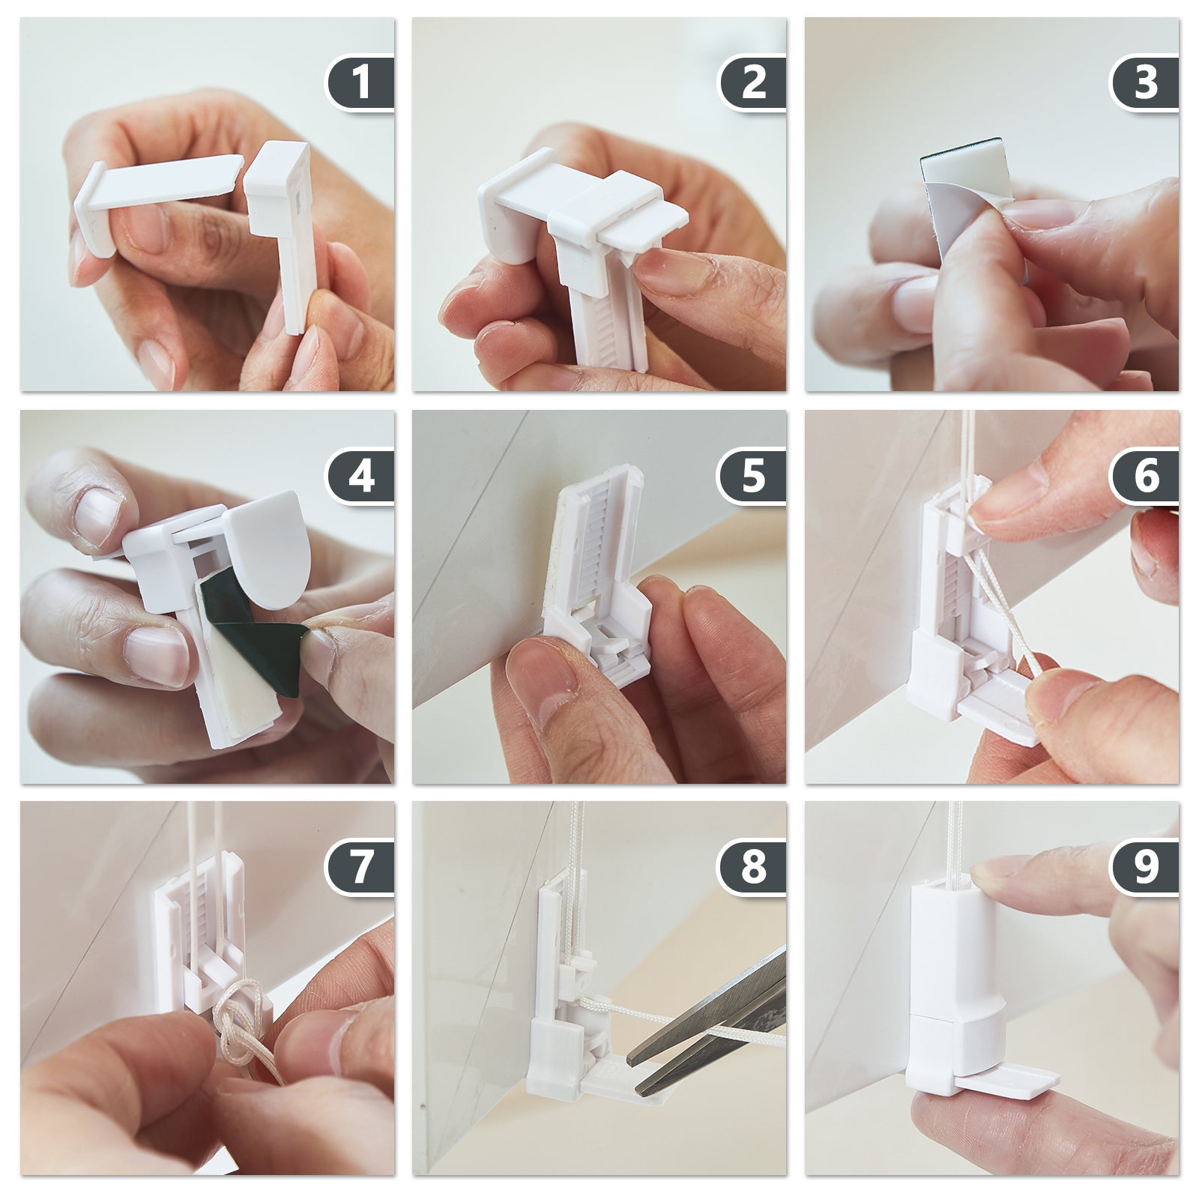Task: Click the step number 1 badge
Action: coord(360,82)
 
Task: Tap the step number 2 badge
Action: coord(753,82)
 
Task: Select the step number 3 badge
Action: coord(1146,82)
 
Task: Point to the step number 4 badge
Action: coord(360,475)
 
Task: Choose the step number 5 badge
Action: coord(753,475)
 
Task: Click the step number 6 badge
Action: coord(1146,475)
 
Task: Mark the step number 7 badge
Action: coord(360,867)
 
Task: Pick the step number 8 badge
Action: coord(753,867)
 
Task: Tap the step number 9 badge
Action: coord(1146,867)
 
